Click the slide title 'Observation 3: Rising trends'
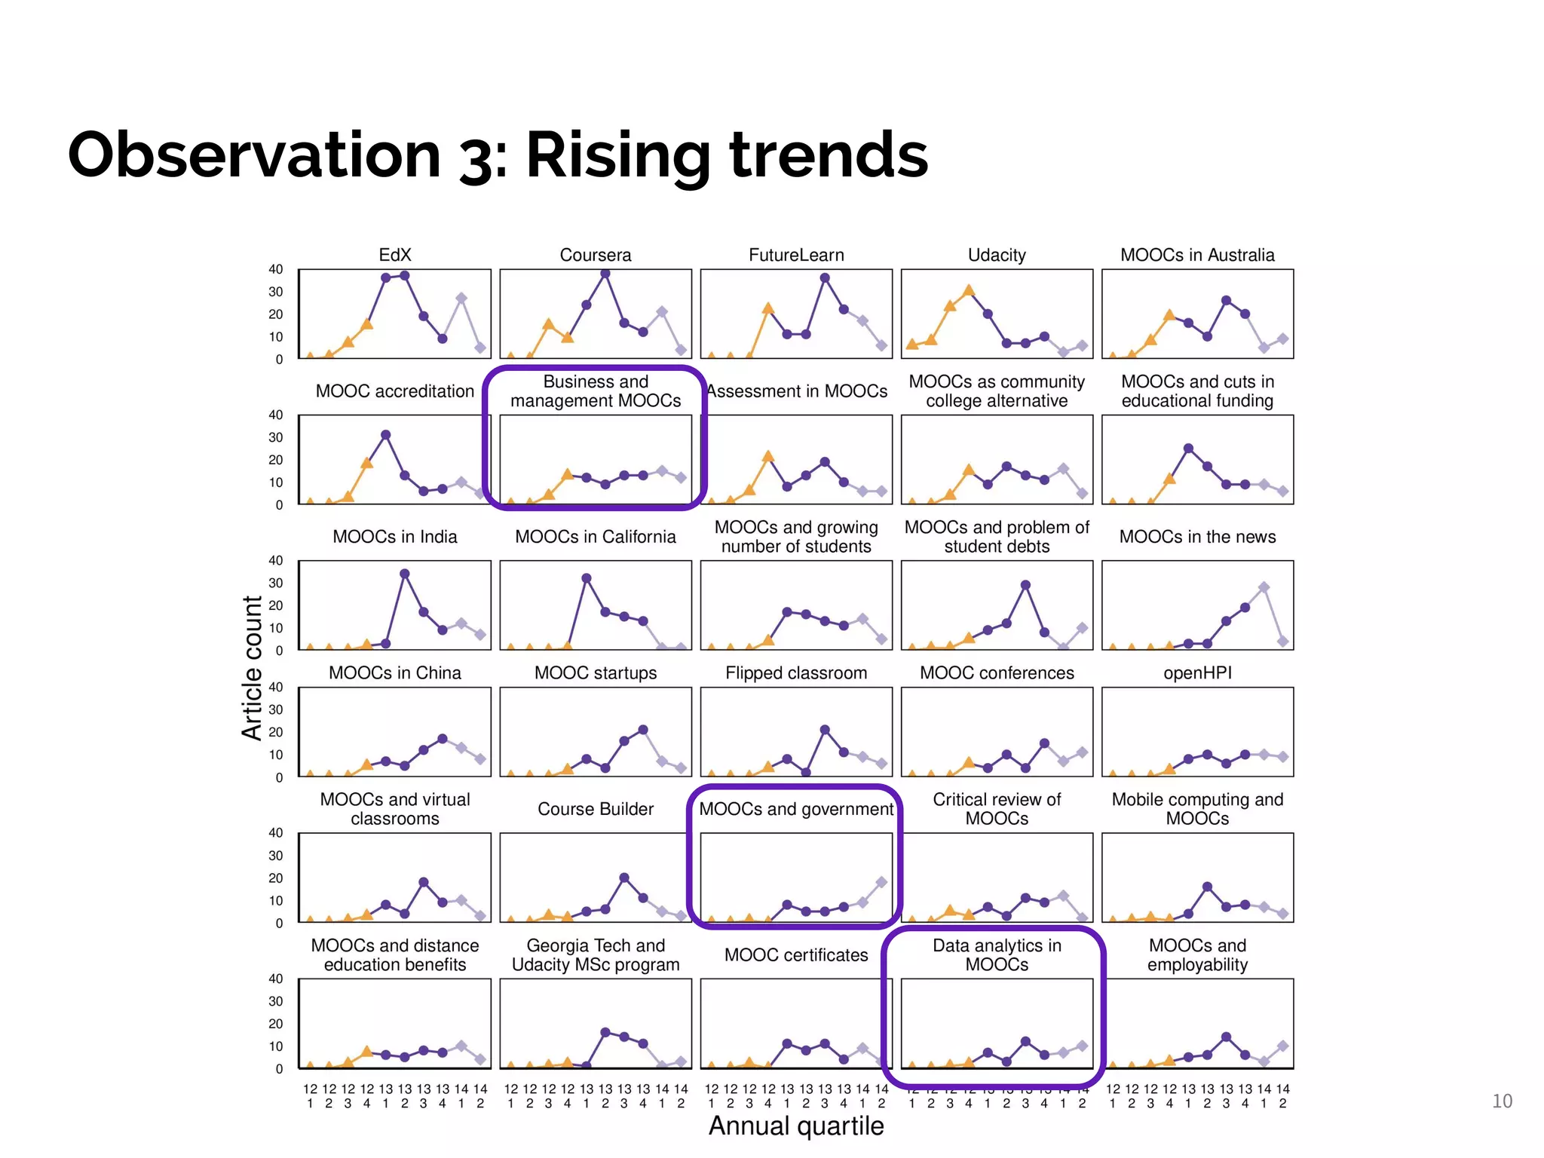[498, 155]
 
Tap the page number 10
[1502, 1101]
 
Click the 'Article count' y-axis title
[252, 668]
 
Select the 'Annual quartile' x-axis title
[796, 1126]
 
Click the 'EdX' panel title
[394, 255]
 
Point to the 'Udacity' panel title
[996, 255]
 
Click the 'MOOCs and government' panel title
[796, 809]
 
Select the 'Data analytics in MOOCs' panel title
[996, 954]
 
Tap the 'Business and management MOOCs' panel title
[595, 391]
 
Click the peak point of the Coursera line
[605, 274]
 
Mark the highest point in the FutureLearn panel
[825, 277]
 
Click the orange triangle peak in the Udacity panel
[969, 290]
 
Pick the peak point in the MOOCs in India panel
[405, 574]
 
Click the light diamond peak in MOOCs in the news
[1264, 587]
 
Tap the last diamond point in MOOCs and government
[881, 881]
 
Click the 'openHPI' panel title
[1196, 672]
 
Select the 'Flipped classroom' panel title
[796, 672]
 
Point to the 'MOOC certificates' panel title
[796, 954]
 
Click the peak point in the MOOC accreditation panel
[385, 435]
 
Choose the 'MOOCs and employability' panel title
[1196, 954]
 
